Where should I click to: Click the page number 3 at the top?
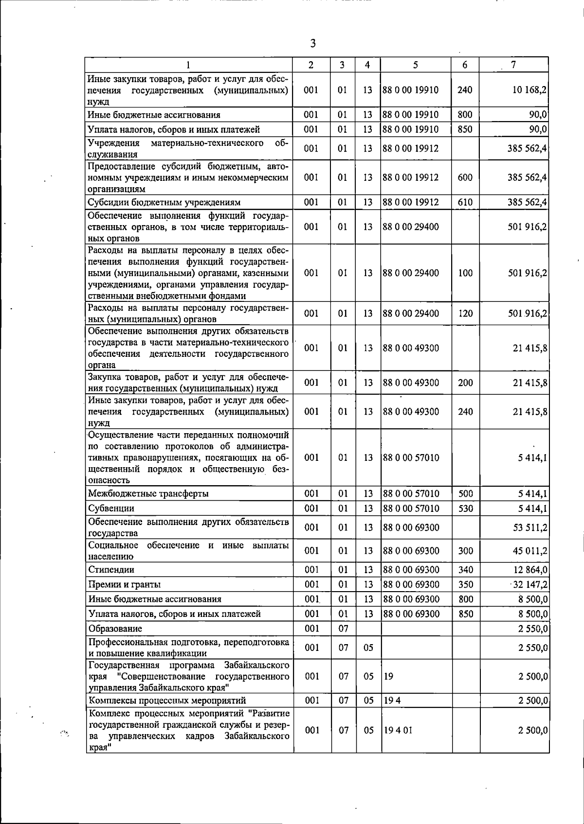point(313,44)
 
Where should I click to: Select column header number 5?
point(416,65)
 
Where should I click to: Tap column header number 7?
point(513,65)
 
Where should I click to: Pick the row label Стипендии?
point(111,569)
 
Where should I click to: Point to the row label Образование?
point(115,629)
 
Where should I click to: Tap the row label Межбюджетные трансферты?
point(148,494)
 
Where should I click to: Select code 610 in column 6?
point(465,202)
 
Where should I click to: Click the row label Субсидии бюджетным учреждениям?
point(164,202)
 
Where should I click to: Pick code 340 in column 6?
point(466,569)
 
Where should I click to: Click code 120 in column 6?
point(465,314)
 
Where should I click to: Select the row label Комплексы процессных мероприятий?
point(167,701)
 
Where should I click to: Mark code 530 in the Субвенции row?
point(466,508)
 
